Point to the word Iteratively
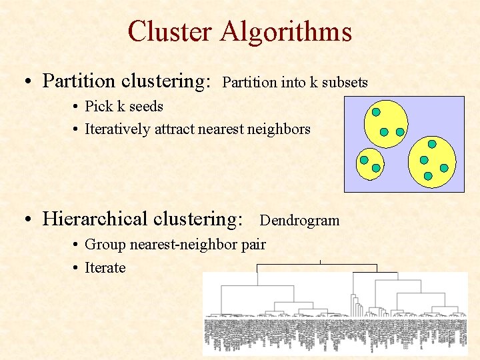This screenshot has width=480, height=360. [118, 129]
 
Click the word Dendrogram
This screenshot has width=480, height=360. [299, 220]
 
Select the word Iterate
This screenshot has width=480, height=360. [105, 267]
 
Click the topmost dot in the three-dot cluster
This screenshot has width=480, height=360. [376, 111]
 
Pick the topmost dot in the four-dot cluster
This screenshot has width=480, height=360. [432, 143]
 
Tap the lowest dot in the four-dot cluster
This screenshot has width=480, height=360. [428, 176]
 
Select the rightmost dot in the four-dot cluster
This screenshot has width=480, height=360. [444, 168]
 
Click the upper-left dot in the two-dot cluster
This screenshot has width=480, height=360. [364, 160]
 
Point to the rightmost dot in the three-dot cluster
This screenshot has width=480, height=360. [400, 132]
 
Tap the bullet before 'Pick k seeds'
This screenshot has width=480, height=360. [77, 107]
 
